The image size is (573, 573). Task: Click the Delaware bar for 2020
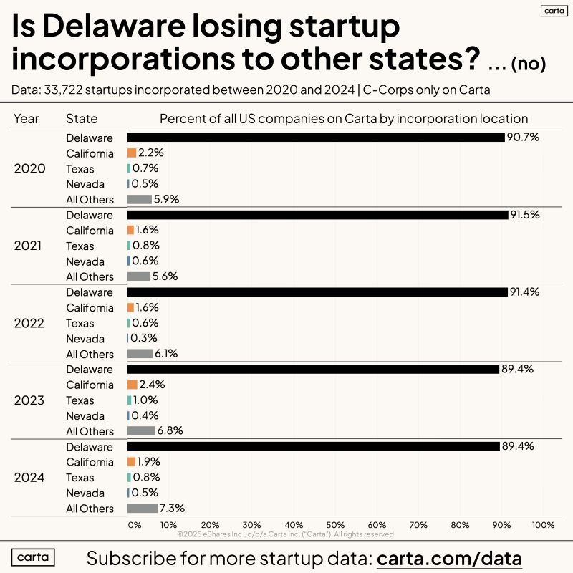click(x=315, y=138)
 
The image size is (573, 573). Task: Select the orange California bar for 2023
click(x=131, y=385)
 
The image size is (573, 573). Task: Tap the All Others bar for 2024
click(x=142, y=509)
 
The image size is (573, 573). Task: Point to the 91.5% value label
click(x=524, y=215)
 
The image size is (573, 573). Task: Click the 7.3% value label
click(x=173, y=509)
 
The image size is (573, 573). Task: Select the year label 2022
click(x=30, y=323)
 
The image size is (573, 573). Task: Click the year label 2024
click(x=30, y=478)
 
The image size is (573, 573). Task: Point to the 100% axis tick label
click(x=542, y=525)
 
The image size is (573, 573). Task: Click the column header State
click(x=82, y=119)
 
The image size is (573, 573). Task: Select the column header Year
click(x=27, y=119)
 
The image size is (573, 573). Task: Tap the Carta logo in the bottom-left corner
click(x=37, y=557)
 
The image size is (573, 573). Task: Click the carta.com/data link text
click(x=449, y=558)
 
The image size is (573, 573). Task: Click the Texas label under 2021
click(x=80, y=246)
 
